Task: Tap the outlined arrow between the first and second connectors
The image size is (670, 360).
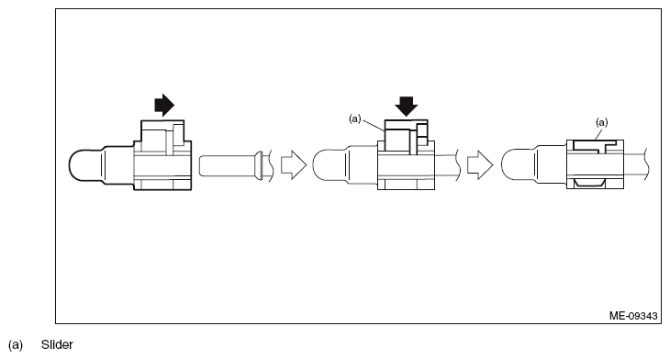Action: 291,165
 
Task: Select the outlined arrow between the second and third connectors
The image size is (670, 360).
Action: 479,165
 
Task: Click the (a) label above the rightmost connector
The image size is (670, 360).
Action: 602,120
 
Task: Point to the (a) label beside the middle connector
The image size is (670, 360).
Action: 354,118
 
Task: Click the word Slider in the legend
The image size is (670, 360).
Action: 57,344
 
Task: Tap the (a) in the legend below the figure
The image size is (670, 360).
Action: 15,344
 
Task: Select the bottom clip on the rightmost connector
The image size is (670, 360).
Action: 592,186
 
